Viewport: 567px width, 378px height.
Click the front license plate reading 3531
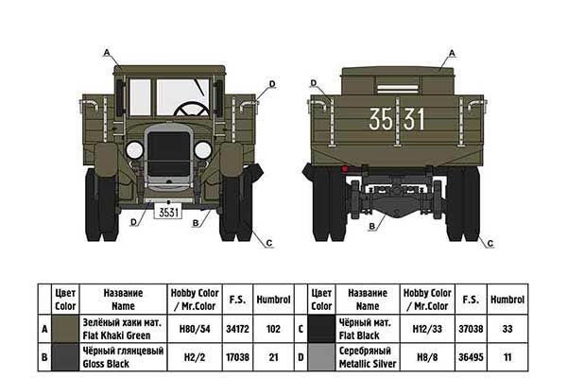tap(168, 213)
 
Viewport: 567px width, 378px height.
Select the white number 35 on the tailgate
tap(382, 120)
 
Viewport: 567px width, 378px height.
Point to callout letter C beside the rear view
tap(490, 244)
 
